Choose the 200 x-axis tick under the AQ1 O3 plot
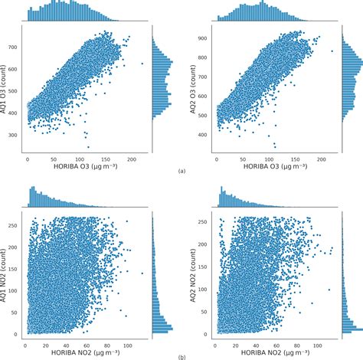click(131, 159)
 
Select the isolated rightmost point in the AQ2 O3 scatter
click(332, 51)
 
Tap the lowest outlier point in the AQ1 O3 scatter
click(87, 146)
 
